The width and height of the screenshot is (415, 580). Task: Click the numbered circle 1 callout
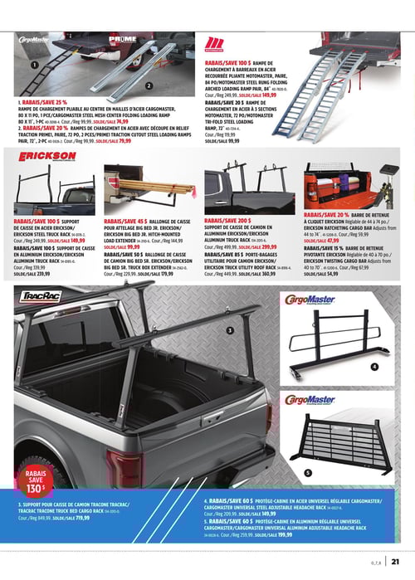point(34,65)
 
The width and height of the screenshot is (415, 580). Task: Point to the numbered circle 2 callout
point(147,85)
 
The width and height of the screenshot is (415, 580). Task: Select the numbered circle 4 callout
point(374,366)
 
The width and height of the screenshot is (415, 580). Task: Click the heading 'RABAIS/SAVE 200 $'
point(227,221)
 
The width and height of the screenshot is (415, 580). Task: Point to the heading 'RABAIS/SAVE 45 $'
point(125,222)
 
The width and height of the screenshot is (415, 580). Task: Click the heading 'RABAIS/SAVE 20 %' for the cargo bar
point(328,215)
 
